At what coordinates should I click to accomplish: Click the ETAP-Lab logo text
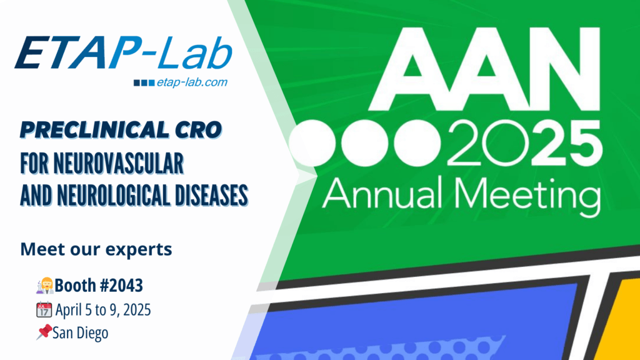click(125, 52)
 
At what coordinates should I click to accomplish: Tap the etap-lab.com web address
click(192, 82)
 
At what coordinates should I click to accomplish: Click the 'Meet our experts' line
click(96, 250)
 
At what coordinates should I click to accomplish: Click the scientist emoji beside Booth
click(44, 286)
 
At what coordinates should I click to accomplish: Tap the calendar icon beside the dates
click(44, 309)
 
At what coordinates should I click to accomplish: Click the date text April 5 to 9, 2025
click(104, 309)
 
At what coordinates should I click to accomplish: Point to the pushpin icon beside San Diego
click(44, 332)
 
